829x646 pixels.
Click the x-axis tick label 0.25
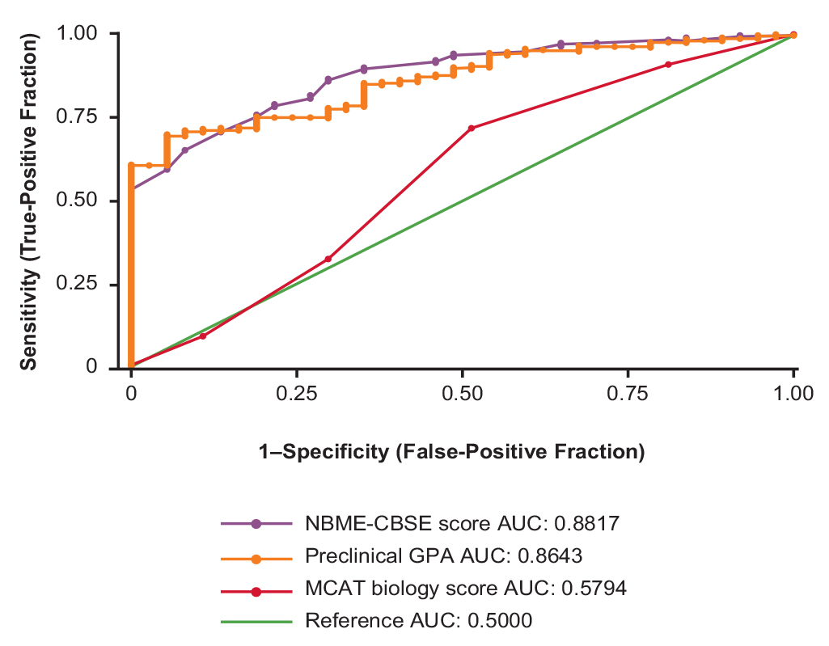(297, 394)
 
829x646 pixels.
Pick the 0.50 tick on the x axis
(462, 394)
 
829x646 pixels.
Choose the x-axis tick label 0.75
(628, 394)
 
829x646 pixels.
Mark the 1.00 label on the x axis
(793, 394)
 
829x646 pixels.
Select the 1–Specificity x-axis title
(451, 453)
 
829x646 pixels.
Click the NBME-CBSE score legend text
(462, 524)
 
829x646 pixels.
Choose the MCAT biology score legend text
(466, 589)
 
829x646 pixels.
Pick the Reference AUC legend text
(419, 621)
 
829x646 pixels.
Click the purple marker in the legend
(256, 524)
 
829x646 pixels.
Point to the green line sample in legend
(256, 621)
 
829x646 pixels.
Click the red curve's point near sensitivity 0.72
(471, 128)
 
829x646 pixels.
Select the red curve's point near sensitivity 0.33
(328, 259)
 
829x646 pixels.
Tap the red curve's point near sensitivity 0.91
(668, 65)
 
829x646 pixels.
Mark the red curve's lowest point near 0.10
(203, 336)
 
